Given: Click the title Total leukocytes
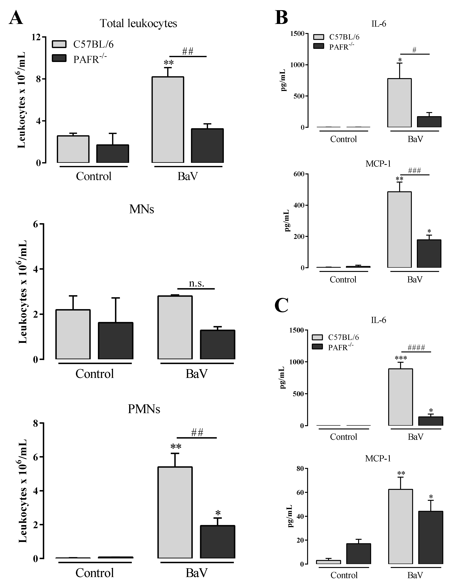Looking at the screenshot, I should tap(138, 23).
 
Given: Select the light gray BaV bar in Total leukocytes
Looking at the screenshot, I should tap(168, 120).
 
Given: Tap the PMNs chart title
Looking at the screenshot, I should tap(144, 409).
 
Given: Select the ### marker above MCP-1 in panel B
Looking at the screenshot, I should tap(414, 171).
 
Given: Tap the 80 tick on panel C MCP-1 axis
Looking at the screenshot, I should tap(300, 469).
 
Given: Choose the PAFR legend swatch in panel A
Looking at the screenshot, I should tap(59, 58).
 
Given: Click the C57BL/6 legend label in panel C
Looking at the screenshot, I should tap(343, 337).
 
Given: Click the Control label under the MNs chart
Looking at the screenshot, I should tap(95, 374).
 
